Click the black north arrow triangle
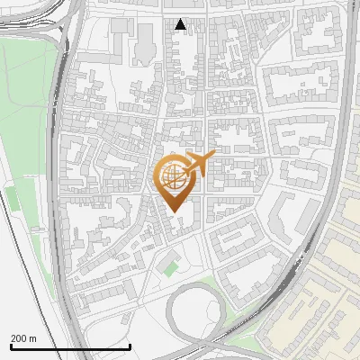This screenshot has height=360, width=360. coord(181,24)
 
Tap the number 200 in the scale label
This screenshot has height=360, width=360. coord(20,338)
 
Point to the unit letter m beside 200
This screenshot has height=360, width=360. coord(32,338)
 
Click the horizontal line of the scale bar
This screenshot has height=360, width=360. coord(70,346)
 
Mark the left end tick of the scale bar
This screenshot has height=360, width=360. coord(11,346)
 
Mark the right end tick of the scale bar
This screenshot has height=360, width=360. coord(130,346)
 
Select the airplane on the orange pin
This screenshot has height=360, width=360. coord(198,164)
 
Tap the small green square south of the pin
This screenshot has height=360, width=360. coord(169,267)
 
